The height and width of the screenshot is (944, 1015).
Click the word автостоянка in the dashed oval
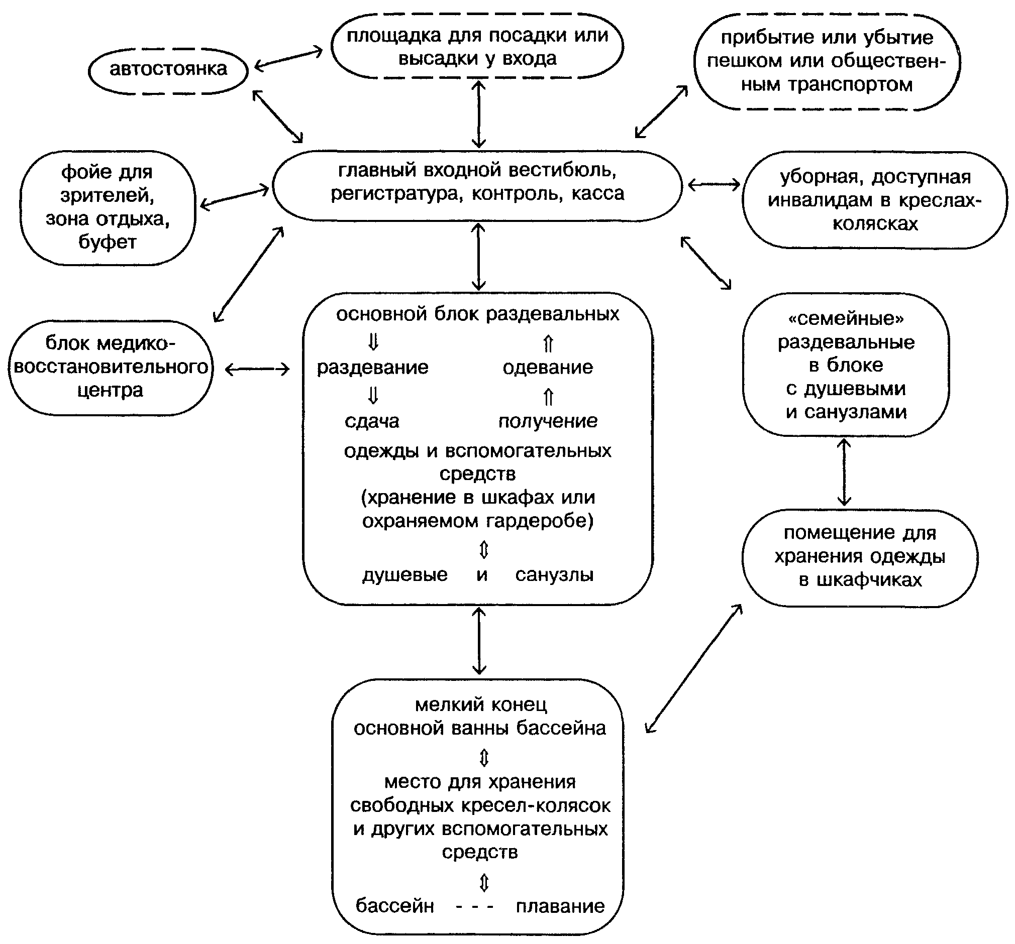168,69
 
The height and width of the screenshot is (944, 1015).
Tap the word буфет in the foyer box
108,242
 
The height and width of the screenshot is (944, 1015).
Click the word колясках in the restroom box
876,223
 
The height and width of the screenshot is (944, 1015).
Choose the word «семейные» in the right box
846,319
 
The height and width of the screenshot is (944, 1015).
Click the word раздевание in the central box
373,368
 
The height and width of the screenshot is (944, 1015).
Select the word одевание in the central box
548,368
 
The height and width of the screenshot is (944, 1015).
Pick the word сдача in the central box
372,421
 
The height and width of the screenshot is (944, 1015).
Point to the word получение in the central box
548,421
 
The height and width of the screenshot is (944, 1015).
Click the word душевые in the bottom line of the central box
405,575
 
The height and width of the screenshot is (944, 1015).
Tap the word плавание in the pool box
560,906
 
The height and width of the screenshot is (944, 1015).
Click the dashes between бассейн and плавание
474,907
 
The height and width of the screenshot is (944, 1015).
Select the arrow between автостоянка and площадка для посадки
288,59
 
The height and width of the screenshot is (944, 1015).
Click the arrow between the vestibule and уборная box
714,185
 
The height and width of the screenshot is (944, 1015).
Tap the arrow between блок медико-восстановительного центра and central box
257,370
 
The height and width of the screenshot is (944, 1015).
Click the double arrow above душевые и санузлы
484,549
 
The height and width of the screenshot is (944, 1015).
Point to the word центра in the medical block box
110,390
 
